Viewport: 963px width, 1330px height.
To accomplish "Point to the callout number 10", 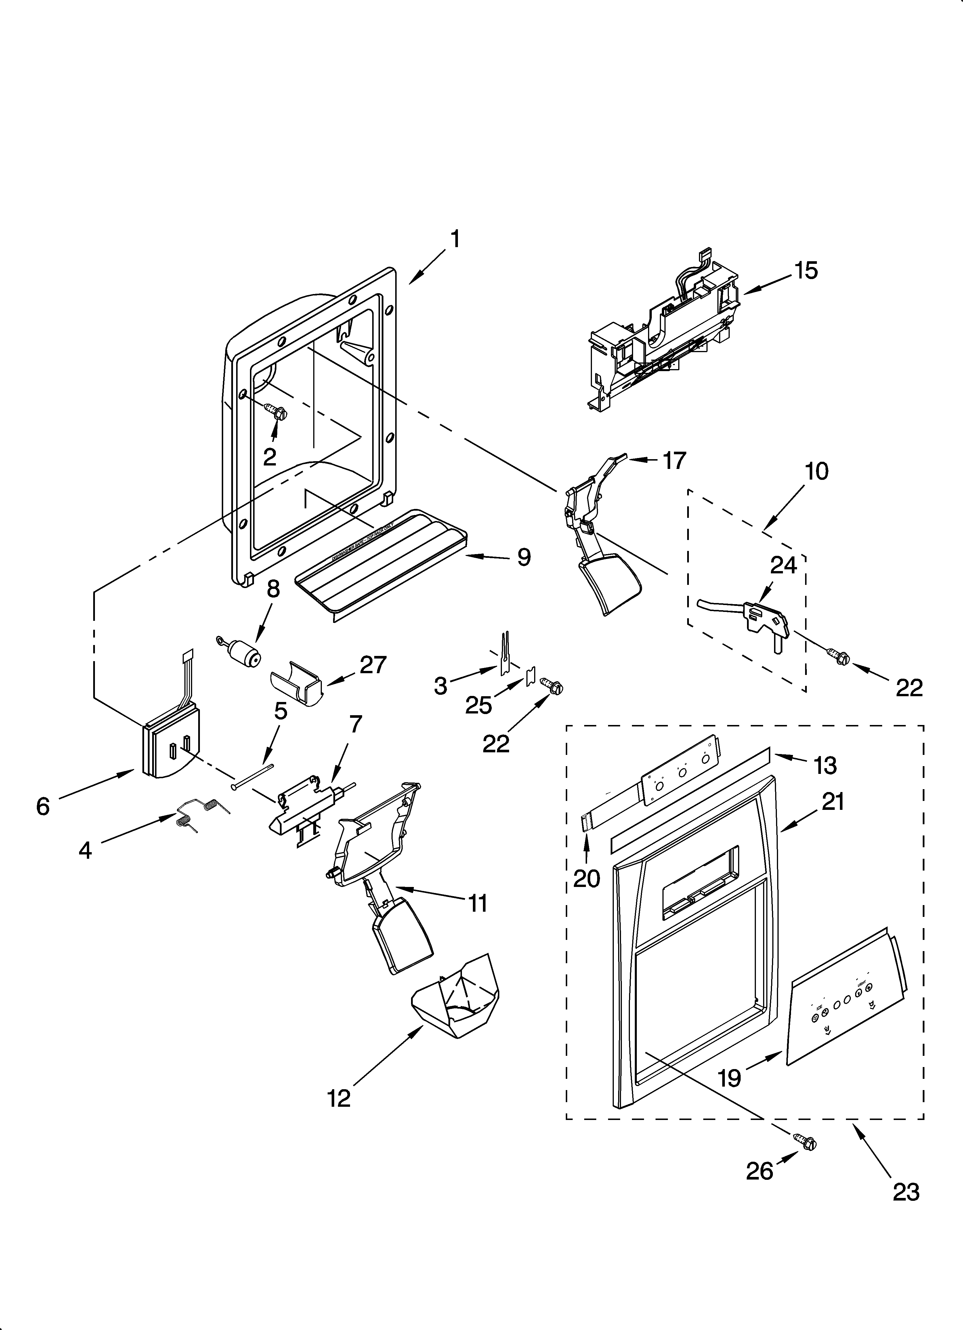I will coord(817,471).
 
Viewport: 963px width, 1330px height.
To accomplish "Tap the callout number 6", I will coord(43,806).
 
